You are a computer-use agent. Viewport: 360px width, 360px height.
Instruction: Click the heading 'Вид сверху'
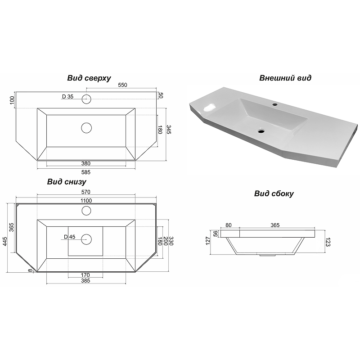89,78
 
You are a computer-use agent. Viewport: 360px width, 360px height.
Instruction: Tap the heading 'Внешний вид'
285,78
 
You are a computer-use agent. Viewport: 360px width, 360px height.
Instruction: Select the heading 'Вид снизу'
67,182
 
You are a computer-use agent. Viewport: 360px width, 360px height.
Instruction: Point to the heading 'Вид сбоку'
274,193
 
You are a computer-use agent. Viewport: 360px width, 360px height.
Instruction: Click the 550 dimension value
122,85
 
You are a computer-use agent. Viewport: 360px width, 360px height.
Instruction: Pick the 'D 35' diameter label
68,97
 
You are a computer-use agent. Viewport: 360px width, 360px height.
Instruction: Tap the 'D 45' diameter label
70,237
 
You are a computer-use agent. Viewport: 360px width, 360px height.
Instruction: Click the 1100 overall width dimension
86,201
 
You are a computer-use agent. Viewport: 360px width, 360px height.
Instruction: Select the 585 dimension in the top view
86,172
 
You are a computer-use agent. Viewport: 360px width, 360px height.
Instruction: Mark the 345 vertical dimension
169,130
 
